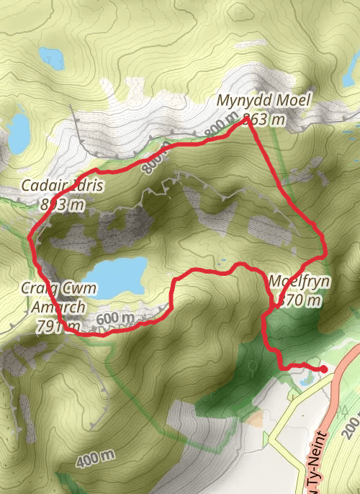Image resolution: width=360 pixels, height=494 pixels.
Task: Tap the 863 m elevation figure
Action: tap(264, 119)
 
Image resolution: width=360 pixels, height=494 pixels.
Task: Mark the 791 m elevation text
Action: tap(59, 325)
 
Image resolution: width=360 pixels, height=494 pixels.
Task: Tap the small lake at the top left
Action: tap(51, 56)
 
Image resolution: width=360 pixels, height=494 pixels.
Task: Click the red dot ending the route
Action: tap(323, 369)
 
